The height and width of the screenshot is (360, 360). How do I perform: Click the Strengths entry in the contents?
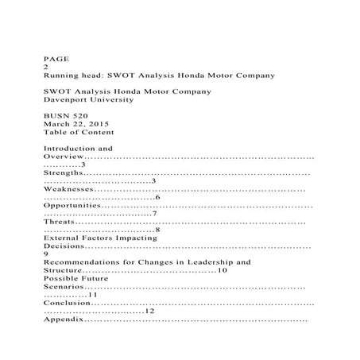coord(63,172)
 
